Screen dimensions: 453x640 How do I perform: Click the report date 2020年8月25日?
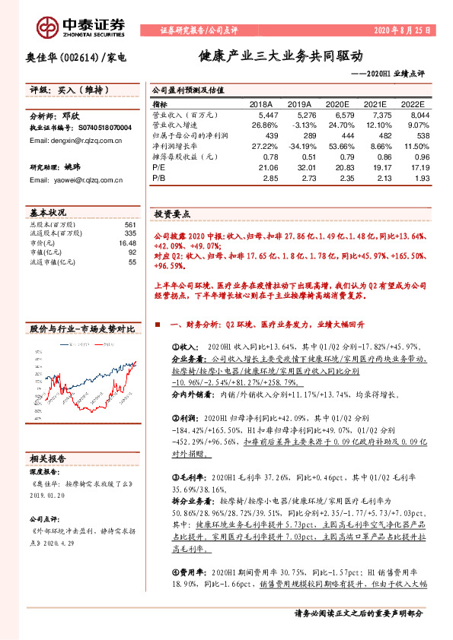(x=402, y=31)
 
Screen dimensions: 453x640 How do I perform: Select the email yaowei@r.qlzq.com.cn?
(x=65, y=179)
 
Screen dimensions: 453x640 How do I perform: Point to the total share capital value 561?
(x=129, y=225)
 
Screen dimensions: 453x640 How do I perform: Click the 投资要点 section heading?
(x=172, y=215)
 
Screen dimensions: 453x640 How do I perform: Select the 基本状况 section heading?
(x=49, y=212)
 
